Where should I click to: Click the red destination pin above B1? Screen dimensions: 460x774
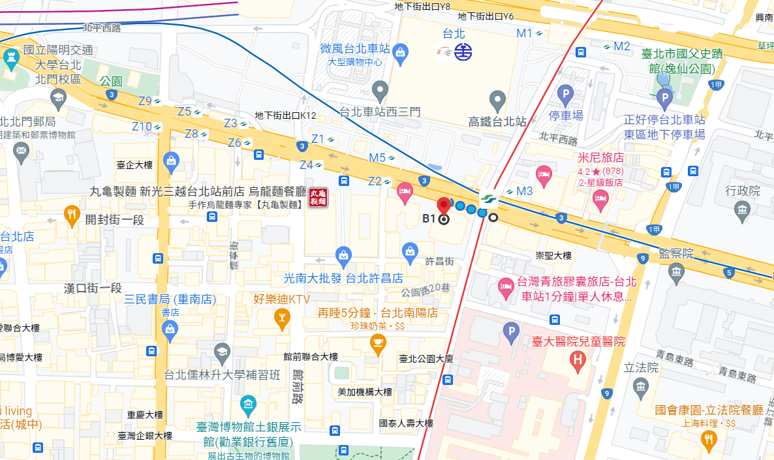[x=444, y=205]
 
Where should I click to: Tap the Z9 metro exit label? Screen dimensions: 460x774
[x=146, y=101]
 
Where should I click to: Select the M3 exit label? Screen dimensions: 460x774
[x=525, y=191]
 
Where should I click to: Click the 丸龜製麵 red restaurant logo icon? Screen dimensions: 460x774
[x=318, y=197]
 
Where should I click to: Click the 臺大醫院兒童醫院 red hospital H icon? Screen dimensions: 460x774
[x=577, y=358]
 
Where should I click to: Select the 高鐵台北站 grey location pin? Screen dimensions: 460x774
[x=498, y=100]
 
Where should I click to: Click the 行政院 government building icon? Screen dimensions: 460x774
[x=741, y=209]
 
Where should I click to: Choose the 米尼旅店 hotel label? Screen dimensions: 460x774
[x=601, y=158]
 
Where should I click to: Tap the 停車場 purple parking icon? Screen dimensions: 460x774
[x=565, y=95]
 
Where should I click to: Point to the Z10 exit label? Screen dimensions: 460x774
[x=142, y=127]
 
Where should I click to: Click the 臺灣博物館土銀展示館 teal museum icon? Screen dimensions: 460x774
[x=248, y=405]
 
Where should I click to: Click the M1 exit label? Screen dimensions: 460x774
[x=525, y=33]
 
